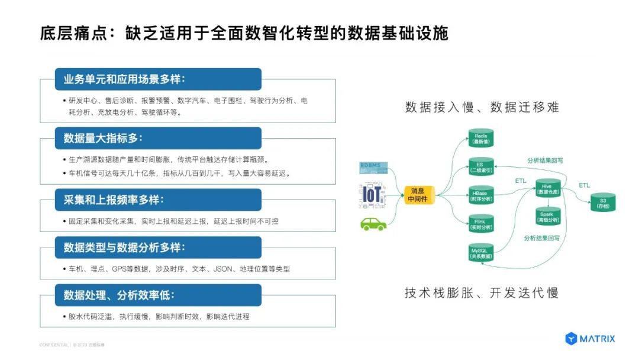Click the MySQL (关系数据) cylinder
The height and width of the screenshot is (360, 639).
coord(480,253)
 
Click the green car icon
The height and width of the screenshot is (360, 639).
coord(373,223)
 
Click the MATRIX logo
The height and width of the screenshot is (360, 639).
coord(590,339)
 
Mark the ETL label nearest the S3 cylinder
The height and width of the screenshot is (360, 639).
coord(584,185)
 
